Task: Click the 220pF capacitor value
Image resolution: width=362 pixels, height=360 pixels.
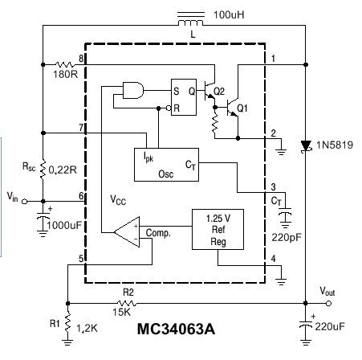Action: tap(287, 238)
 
